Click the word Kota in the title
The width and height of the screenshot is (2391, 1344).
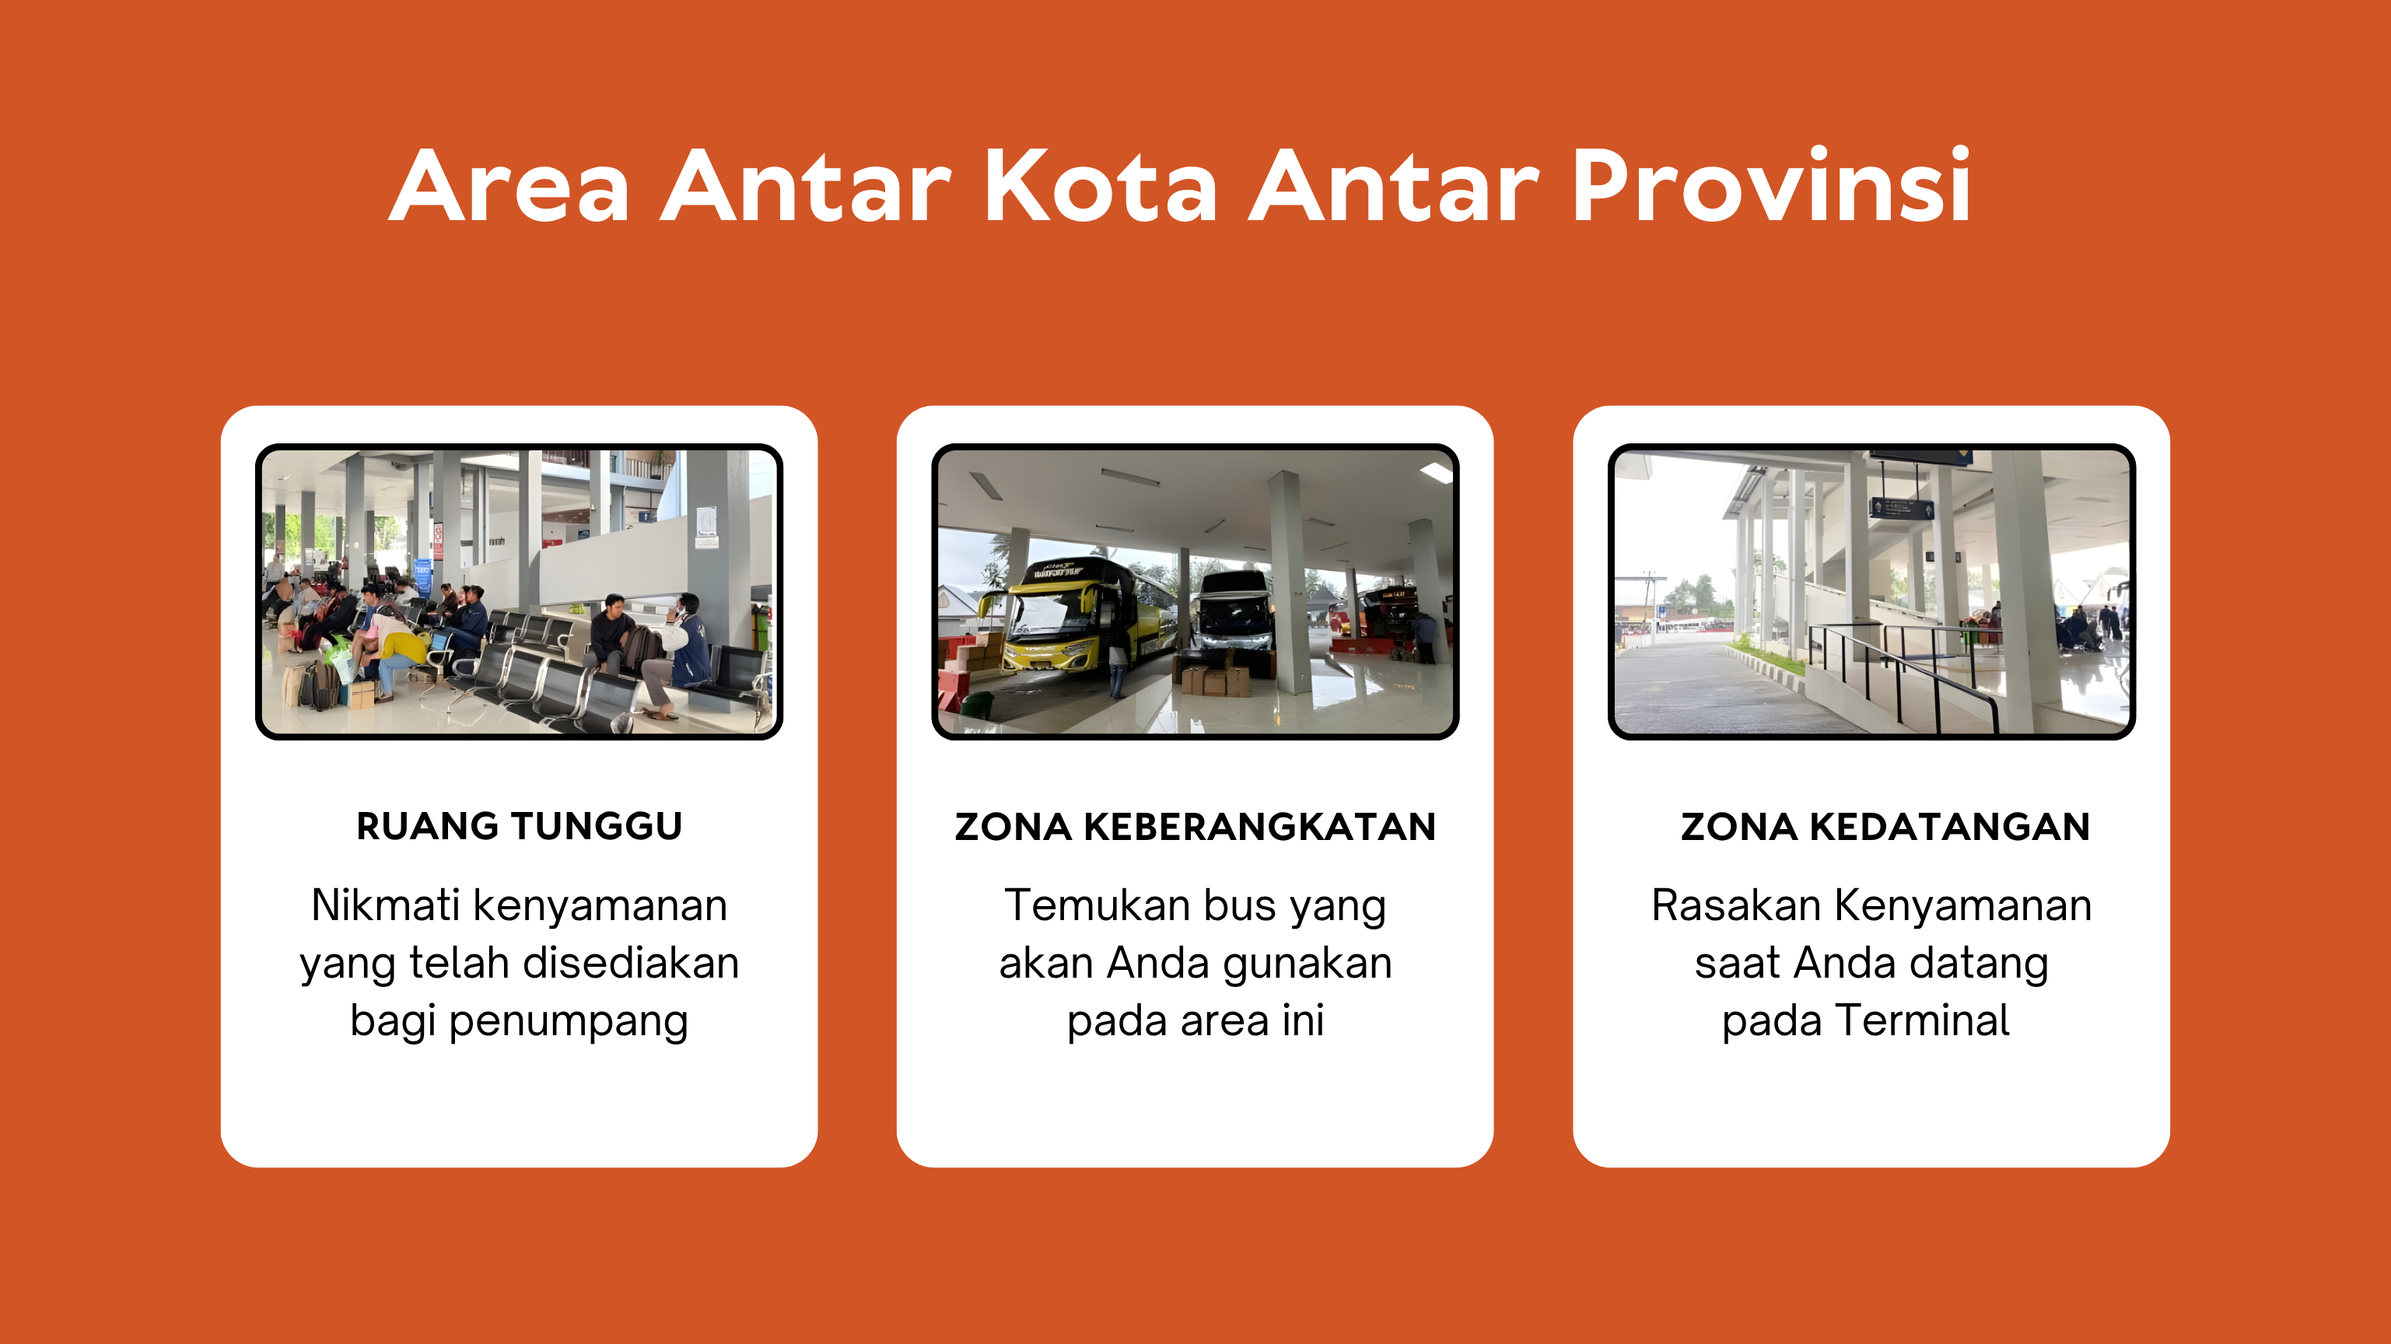pyautogui.click(x=1100, y=187)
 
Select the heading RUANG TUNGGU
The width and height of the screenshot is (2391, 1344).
pyautogui.click(x=519, y=826)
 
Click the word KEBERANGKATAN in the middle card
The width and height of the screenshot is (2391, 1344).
pyautogui.click(x=1259, y=827)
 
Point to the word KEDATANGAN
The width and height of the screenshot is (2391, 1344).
pyautogui.click(x=1949, y=827)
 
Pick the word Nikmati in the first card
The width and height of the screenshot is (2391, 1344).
pyautogui.click(x=385, y=905)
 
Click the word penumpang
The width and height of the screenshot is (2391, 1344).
pyautogui.click(x=568, y=1023)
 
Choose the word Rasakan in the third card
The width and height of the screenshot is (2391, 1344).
pyautogui.click(x=1736, y=905)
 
